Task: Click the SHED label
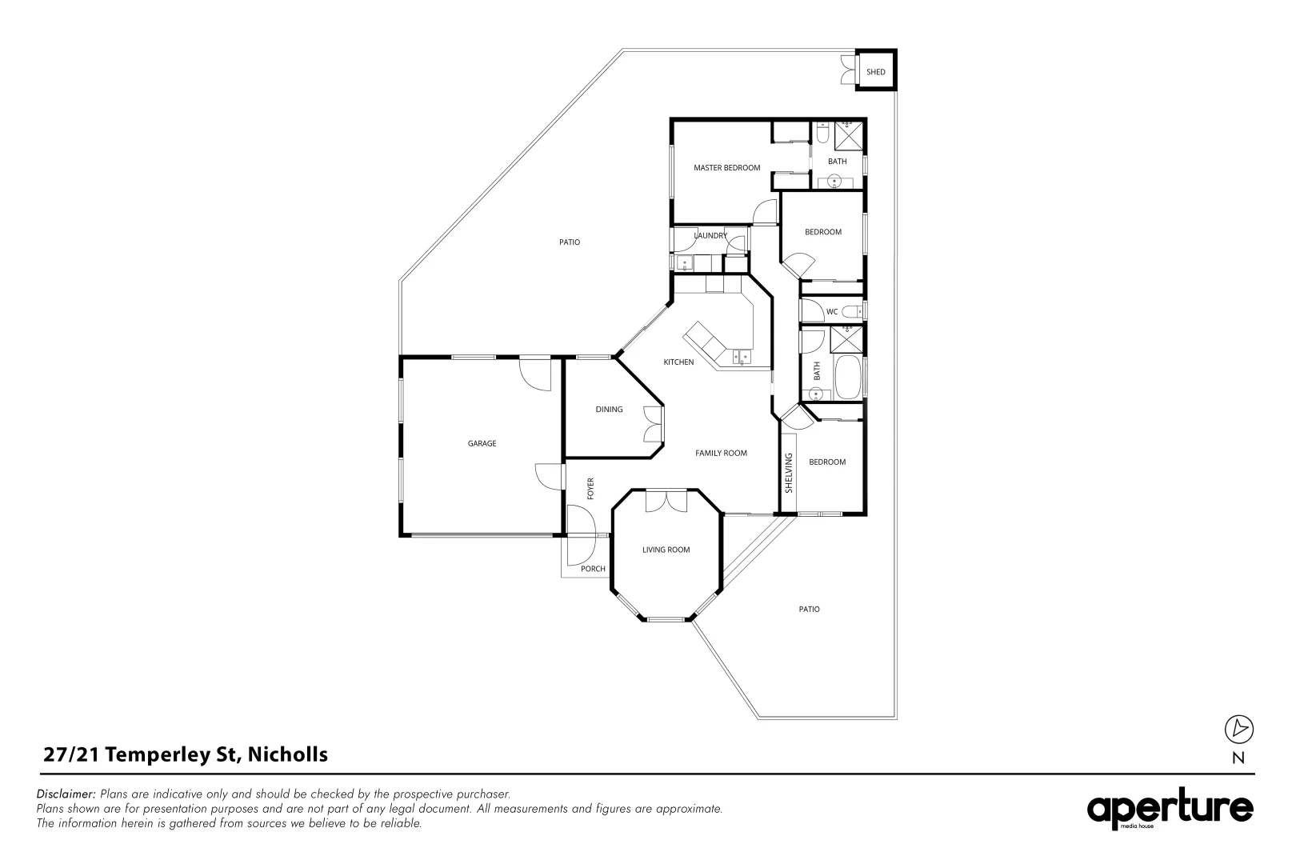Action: (x=875, y=72)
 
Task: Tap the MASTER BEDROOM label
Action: (x=726, y=168)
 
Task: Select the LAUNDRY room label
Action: (x=710, y=235)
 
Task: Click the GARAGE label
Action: (x=482, y=443)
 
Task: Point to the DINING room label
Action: (x=610, y=409)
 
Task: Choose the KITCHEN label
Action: (x=678, y=362)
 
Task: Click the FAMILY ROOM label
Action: (x=721, y=453)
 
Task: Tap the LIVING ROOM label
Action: (x=666, y=550)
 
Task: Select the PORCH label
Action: (x=593, y=569)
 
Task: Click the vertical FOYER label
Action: (x=590, y=489)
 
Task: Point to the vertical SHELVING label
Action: (x=789, y=473)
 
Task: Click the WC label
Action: (x=832, y=311)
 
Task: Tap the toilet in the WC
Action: (x=851, y=312)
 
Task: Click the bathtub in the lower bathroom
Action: (x=848, y=377)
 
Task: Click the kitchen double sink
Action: (x=742, y=356)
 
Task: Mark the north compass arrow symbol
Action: (x=1238, y=729)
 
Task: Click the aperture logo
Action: (x=1170, y=809)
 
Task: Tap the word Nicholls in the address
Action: (x=287, y=754)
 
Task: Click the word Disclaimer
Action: (x=66, y=794)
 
